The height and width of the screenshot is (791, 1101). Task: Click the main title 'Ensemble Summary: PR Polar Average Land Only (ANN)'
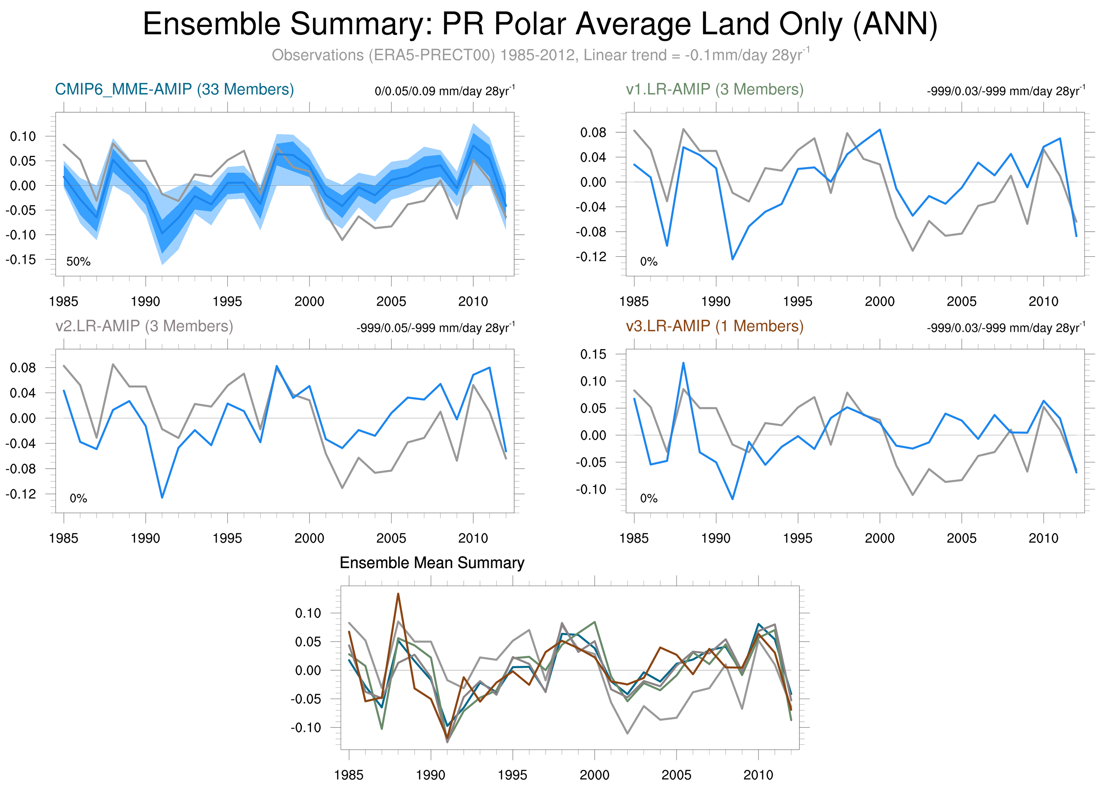[540, 24]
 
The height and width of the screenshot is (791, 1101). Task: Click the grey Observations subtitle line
[540, 55]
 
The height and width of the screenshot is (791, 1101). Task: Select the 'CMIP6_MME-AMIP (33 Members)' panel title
[174, 89]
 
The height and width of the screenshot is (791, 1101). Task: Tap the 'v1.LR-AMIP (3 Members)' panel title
[715, 89]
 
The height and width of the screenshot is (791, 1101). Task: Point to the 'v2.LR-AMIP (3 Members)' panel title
[144, 326]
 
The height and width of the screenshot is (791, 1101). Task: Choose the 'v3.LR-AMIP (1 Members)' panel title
[715, 326]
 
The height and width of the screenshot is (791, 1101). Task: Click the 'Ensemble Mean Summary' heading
[432, 563]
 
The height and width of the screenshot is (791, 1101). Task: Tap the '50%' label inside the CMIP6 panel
[78, 262]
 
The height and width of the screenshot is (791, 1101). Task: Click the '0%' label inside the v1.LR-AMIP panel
[649, 262]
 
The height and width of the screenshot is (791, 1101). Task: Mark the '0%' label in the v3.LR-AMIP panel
[649, 498]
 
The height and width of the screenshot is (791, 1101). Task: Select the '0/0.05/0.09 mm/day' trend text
[444, 91]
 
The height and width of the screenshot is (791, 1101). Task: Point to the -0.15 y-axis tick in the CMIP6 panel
[20, 260]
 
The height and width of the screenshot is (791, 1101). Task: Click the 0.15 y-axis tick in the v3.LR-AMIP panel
[593, 354]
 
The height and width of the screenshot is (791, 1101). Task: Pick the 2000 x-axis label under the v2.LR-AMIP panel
[309, 538]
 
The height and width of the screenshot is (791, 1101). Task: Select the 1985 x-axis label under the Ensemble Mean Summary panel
[349, 775]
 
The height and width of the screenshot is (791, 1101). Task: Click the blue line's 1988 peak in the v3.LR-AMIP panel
[683, 363]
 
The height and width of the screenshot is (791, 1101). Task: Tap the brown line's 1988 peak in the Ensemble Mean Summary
[398, 594]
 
